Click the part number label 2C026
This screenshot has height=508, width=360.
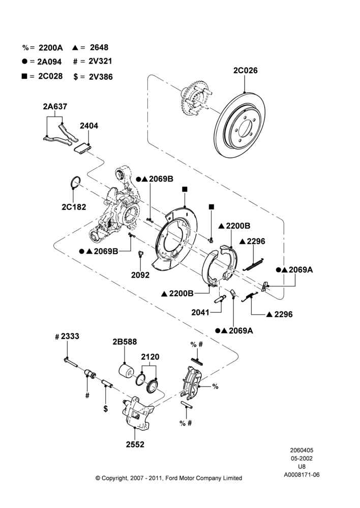(x=245, y=70)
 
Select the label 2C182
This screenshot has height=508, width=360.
(x=74, y=207)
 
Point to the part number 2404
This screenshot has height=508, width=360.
(x=89, y=125)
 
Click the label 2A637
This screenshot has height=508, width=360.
(x=55, y=106)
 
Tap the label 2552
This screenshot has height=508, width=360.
(x=135, y=444)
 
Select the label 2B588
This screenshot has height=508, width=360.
(x=125, y=342)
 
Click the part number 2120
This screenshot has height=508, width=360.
(x=150, y=357)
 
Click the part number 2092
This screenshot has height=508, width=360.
(x=140, y=275)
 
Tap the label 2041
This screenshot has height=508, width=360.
(x=200, y=312)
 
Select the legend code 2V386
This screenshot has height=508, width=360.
(x=101, y=77)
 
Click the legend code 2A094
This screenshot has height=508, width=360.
(x=49, y=61)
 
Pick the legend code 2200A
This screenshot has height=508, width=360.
(x=51, y=48)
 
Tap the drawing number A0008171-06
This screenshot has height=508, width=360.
(x=302, y=474)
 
